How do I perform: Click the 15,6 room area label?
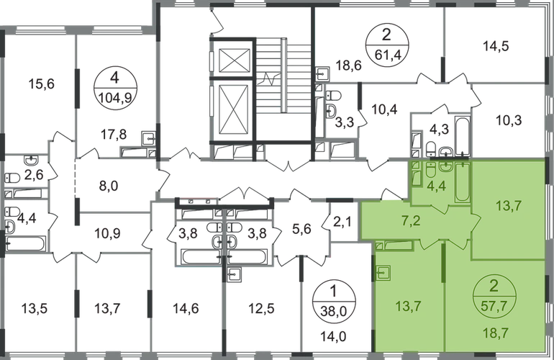pyautogui.click(x=41, y=84)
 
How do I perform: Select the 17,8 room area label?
pyautogui.click(x=114, y=135)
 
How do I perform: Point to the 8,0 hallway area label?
pyautogui.click(x=109, y=186)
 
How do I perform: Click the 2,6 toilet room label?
pyautogui.click(x=35, y=174)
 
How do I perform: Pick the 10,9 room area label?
pyautogui.click(x=107, y=233)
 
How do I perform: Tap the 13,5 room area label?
pyautogui.click(x=35, y=308)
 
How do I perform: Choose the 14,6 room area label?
pyautogui.click(x=186, y=308)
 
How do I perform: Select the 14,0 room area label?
pyautogui.click(x=334, y=336)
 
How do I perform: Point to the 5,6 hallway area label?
pyautogui.click(x=302, y=229)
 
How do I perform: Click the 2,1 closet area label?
pyautogui.click(x=342, y=222)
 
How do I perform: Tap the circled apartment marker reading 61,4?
pyautogui.click(x=387, y=45)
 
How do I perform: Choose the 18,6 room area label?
pyautogui.click(x=349, y=66)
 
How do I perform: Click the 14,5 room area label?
pyautogui.click(x=496, y=46)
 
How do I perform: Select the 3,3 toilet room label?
pyautogui.click(x=345, y=124)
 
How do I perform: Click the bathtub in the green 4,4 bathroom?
pyautogui.click(x=462, y=182)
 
